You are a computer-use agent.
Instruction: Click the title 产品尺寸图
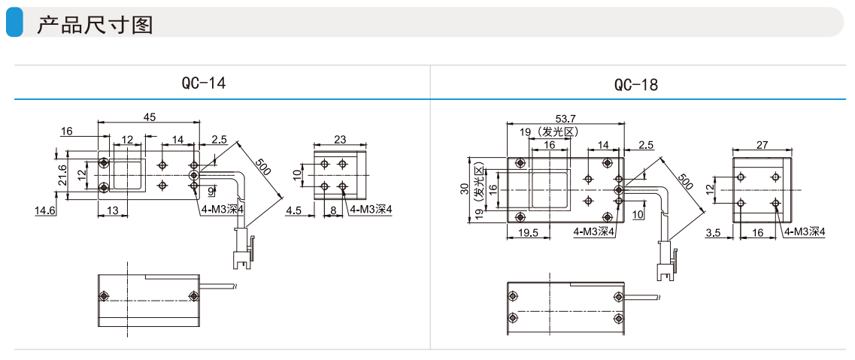[95, 25]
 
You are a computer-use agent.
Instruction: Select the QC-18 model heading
[636, 85]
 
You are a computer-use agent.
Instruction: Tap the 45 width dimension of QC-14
[150, 116]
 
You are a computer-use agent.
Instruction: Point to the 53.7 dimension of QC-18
[565, 118]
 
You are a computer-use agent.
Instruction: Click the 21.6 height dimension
[62, 175]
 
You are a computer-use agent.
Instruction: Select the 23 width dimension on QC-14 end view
[340, 140]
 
